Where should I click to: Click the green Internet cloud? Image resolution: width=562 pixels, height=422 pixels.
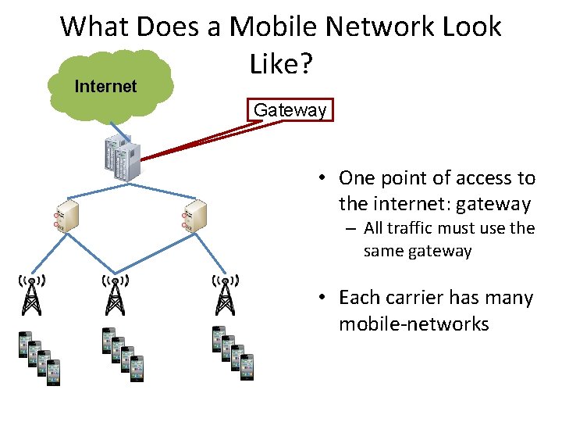(109, 84)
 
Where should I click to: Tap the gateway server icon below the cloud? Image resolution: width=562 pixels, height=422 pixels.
(121, 156)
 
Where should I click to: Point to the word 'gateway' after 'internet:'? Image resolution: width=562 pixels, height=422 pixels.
(493, 205)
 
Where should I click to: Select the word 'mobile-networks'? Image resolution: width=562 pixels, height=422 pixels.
(414, 324)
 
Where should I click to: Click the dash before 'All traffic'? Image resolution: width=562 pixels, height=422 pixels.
(349, 229)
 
